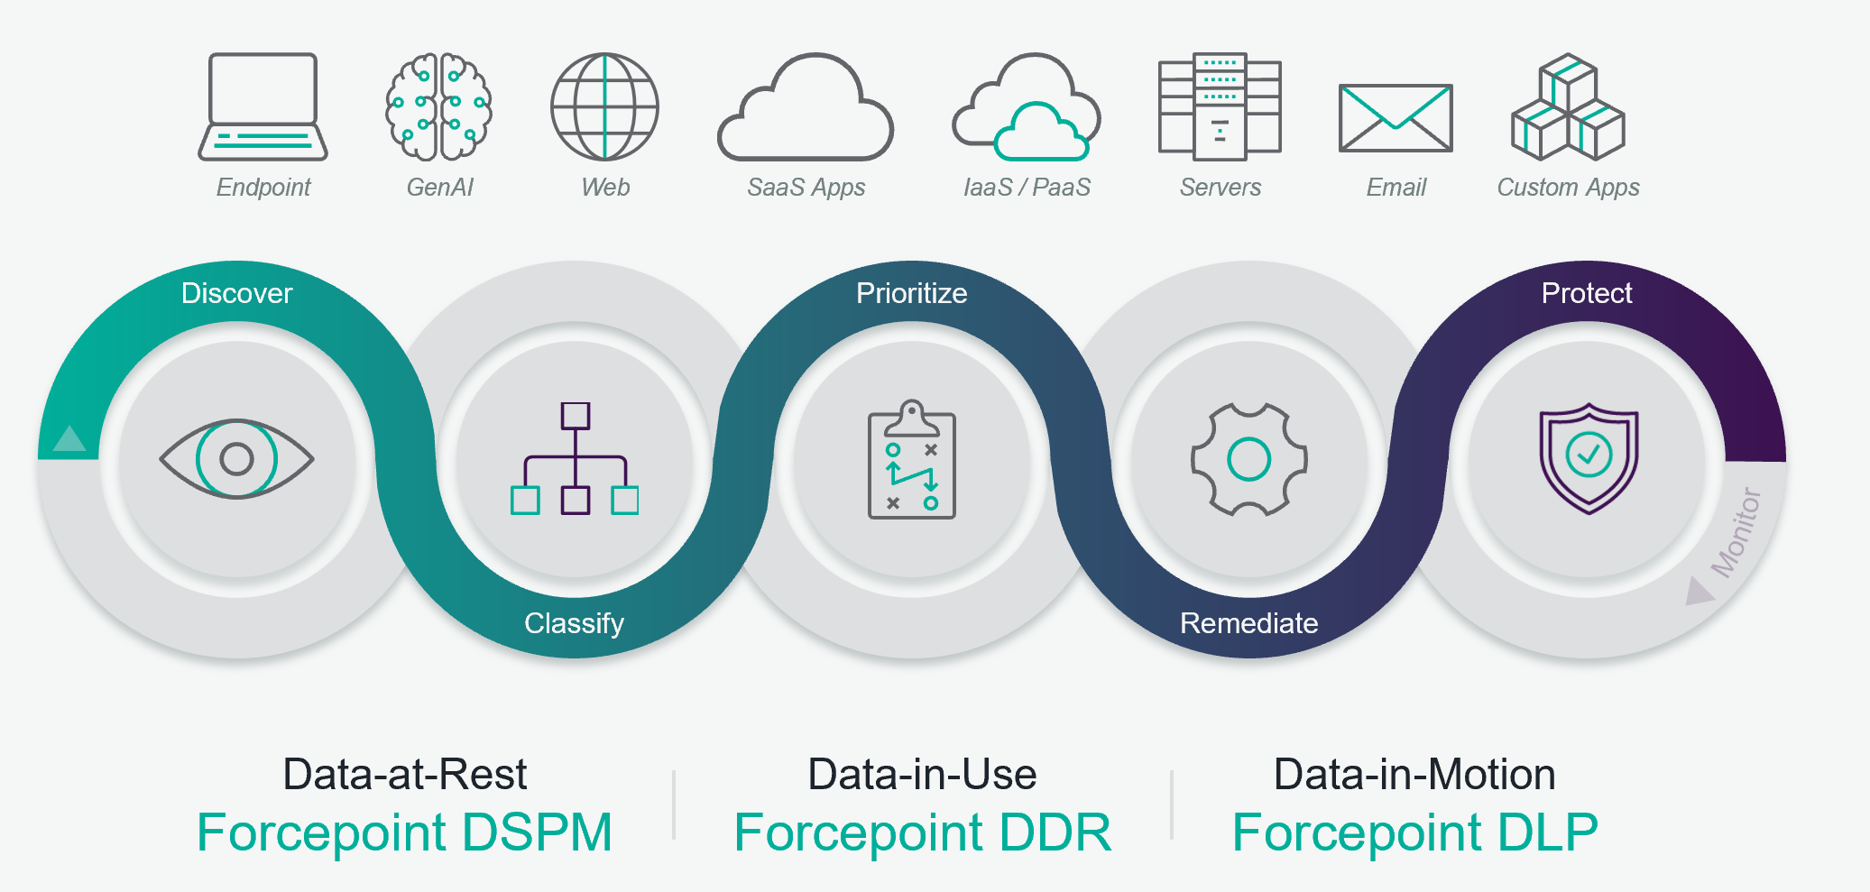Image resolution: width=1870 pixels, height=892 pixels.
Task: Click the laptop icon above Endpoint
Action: coord(263,106)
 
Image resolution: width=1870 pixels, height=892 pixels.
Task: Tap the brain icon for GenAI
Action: coord(439,106)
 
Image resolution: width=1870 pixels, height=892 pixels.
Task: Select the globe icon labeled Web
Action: coord(604,106)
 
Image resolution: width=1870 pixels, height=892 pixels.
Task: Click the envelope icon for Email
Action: coord(1396,118)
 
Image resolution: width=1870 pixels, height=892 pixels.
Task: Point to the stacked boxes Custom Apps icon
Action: coord(1568,107)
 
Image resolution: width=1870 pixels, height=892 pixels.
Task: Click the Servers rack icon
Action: coord(1220,106)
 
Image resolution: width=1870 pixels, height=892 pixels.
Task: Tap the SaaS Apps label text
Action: coord(806,188)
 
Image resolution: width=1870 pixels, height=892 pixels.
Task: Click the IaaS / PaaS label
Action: coord(1027,188)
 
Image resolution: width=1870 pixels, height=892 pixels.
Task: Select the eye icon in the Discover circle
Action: coord(236,458)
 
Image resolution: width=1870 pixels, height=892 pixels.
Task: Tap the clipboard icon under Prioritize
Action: coord(911,460)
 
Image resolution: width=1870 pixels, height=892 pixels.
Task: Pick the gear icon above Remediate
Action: coord(1248,459)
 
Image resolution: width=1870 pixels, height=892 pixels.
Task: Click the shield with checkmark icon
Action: coord(1588,458)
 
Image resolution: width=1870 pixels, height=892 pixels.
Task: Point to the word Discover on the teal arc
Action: coord(236,293)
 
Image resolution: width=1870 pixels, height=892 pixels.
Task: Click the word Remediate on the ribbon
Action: coord(1248,623)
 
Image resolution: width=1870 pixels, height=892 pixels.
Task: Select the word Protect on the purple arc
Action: coord(1587,293)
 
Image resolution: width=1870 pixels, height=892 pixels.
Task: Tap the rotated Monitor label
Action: coord(1736,532)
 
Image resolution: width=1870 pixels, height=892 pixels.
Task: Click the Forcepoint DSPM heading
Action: coord(404,832)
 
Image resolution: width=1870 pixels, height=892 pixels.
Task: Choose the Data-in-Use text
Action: coord(922,774)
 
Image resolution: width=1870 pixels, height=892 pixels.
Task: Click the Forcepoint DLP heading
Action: coord(1414,832)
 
